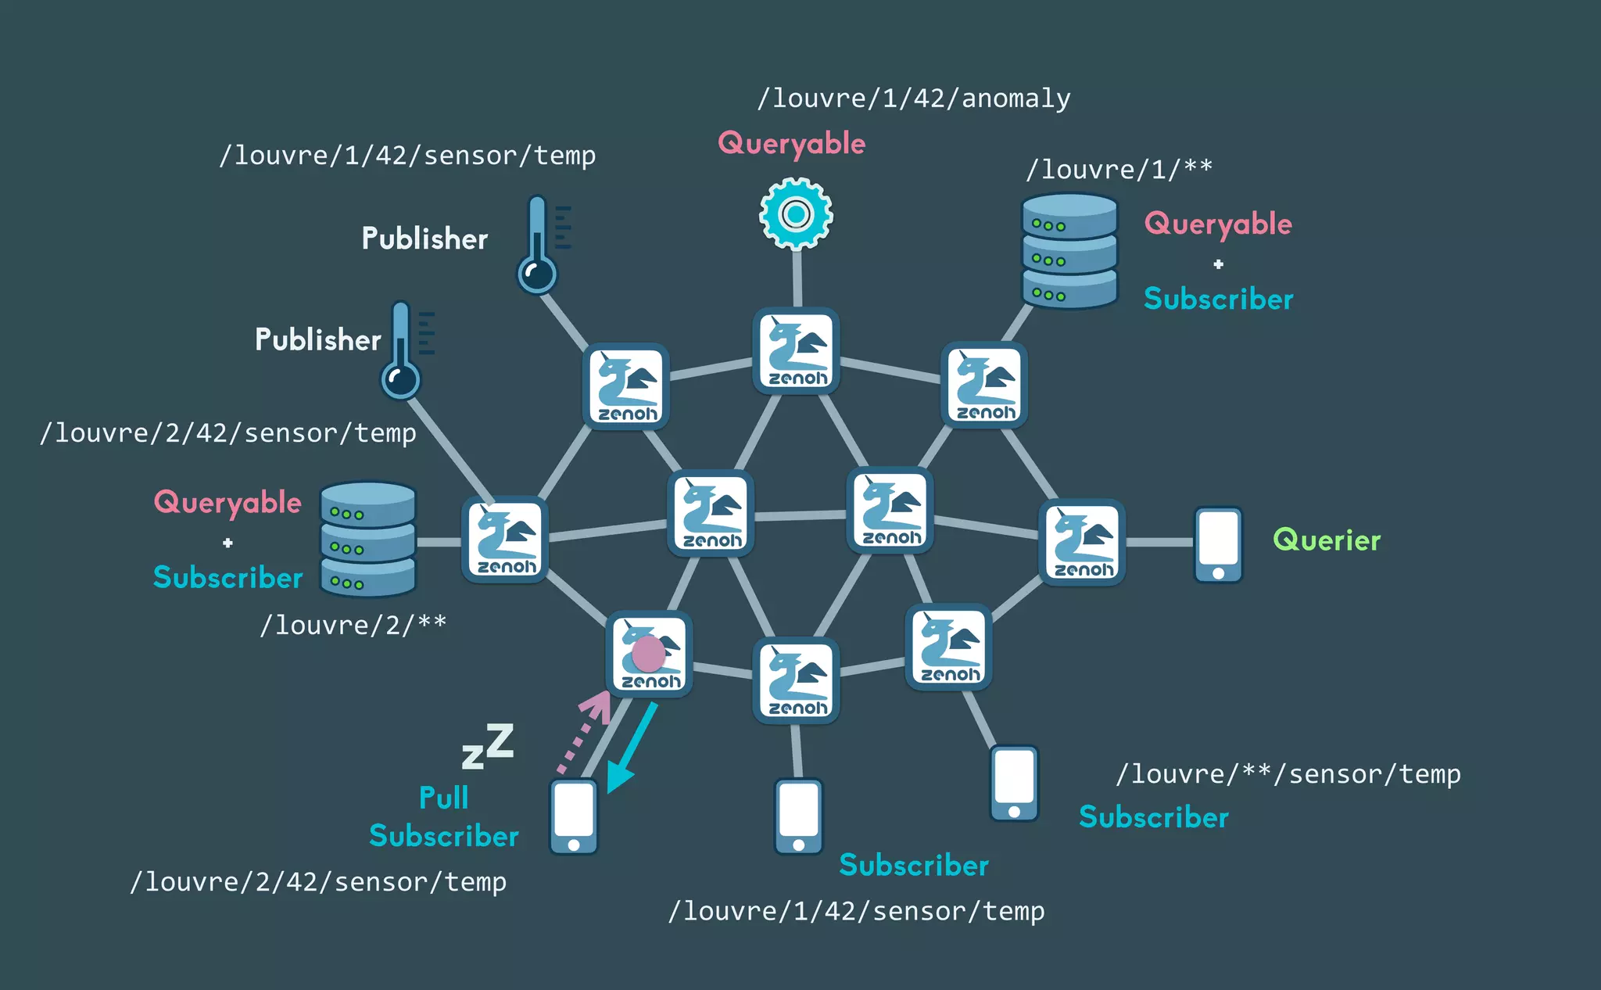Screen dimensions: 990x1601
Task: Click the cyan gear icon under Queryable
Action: (x=796, y=213)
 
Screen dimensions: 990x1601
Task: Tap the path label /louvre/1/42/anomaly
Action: (x=914, y=99)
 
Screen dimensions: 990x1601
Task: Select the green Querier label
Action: (x=1327, y=540)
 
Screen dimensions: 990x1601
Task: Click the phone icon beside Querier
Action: (x=1218, y=544)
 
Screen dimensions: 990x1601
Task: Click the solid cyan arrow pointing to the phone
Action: (x=632, y=748)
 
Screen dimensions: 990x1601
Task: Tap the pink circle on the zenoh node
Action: (x=648, y=654)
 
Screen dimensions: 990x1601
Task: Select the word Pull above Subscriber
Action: (x=443, y=798)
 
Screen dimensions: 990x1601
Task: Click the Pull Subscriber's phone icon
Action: (x=574, y=816)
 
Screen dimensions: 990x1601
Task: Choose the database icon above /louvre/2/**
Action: (x=368, y=539)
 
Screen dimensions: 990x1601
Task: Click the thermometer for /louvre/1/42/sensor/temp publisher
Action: (x=539, y=245)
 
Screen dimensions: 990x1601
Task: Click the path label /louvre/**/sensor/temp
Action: (x=1288, y=774)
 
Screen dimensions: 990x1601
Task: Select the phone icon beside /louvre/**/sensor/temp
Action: (x=1014, y=783)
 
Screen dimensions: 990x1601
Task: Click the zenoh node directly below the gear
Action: (x=796, y=350)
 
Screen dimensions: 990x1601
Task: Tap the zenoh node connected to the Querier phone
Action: (x=1082, y=542)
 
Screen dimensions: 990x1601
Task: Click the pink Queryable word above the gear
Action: (x=791, y=144)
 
